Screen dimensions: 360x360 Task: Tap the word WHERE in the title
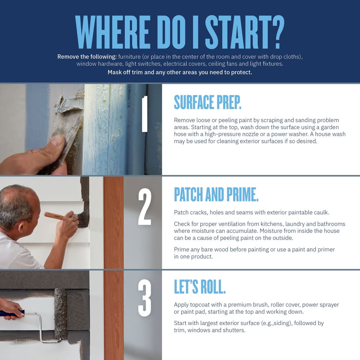coord(113,32)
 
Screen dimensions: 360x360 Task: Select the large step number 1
coord(144,114)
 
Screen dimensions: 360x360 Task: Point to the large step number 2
coord(145,207)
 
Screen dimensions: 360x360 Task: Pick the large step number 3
coord(145,298)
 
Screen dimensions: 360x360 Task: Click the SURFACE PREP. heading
coord(208,102)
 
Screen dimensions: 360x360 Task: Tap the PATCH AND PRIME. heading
coord(216,194)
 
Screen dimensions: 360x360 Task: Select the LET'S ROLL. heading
coord(200,287)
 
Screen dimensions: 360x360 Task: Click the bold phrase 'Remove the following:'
coord(87,57)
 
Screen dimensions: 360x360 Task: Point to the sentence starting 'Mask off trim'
coord(180,72)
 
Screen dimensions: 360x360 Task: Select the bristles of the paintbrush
coord(84,219)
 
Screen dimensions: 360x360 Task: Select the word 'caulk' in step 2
coord(321,212)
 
